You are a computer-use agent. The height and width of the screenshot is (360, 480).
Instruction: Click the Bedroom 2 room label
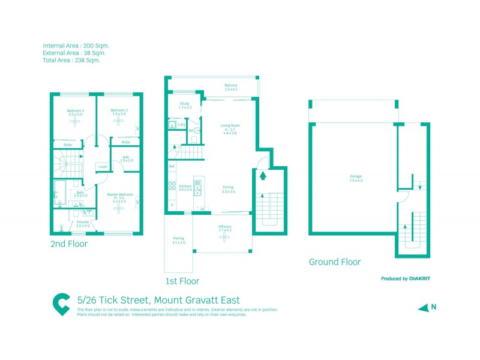(x=75, y=110)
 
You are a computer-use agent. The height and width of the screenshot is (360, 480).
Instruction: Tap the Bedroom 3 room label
(x=119, y=110)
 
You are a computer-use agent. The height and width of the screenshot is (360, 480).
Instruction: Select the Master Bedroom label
(x=119, y=194)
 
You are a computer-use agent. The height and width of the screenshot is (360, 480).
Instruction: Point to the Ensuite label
(x=83, y=221)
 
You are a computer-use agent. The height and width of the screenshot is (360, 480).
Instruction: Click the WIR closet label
(x=126, y=158)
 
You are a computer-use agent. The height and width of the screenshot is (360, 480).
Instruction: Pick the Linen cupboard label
(x=103, y=167)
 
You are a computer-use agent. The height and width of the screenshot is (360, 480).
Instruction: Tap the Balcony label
(x=231, y=85)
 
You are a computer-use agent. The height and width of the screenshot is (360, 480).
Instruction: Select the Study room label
(x=184, y=104)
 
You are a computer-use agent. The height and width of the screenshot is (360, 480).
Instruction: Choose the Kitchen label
(x=185, y=187)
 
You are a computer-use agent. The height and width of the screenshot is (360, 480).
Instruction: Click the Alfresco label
(x=224, y=226)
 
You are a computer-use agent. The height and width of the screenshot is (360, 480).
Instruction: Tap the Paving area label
(x=179, y=238)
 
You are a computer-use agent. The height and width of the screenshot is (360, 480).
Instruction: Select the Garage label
(x=356, y=176)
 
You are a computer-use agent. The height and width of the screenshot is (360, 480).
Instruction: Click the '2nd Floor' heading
(x=69, y=244)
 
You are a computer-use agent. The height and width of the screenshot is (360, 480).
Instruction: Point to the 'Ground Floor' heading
(x=334, y=262)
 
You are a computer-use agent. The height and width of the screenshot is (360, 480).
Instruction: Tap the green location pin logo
(x=61, y=304)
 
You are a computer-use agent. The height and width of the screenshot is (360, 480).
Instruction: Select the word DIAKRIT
(x=421, y=278)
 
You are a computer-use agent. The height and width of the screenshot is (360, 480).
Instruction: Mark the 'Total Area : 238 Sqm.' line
(x=71, y=60)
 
